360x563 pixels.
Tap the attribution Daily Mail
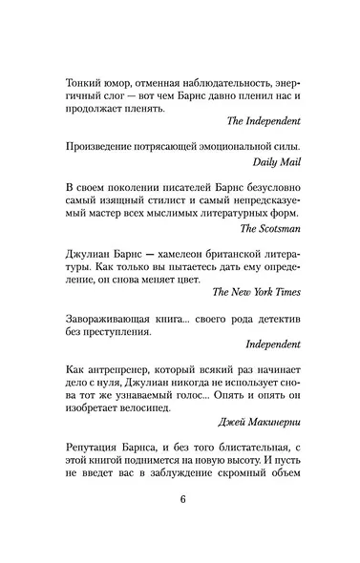click(x=276, y=162)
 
